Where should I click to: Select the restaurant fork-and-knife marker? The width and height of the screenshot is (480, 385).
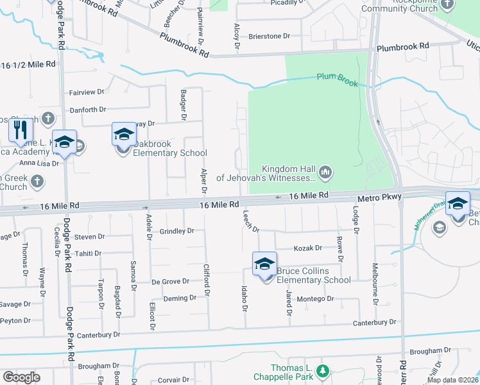pyautogui.click(x=21, y=131)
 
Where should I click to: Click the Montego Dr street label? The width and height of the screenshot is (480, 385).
pyautogui.click(x=314, y=298)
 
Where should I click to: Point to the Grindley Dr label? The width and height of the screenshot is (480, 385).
pyautogui.click(x=176, y=230)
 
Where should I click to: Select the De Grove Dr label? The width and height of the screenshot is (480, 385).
pyautogui.click(x=170, y=281)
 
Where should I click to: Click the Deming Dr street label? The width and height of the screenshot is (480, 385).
pyautogui.click(x=180, y=298)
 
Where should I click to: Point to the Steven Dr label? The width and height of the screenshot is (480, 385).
pyautogui.click(x=89, y=237)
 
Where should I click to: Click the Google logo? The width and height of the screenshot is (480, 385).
pyautogui.click(x=21, y=377)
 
